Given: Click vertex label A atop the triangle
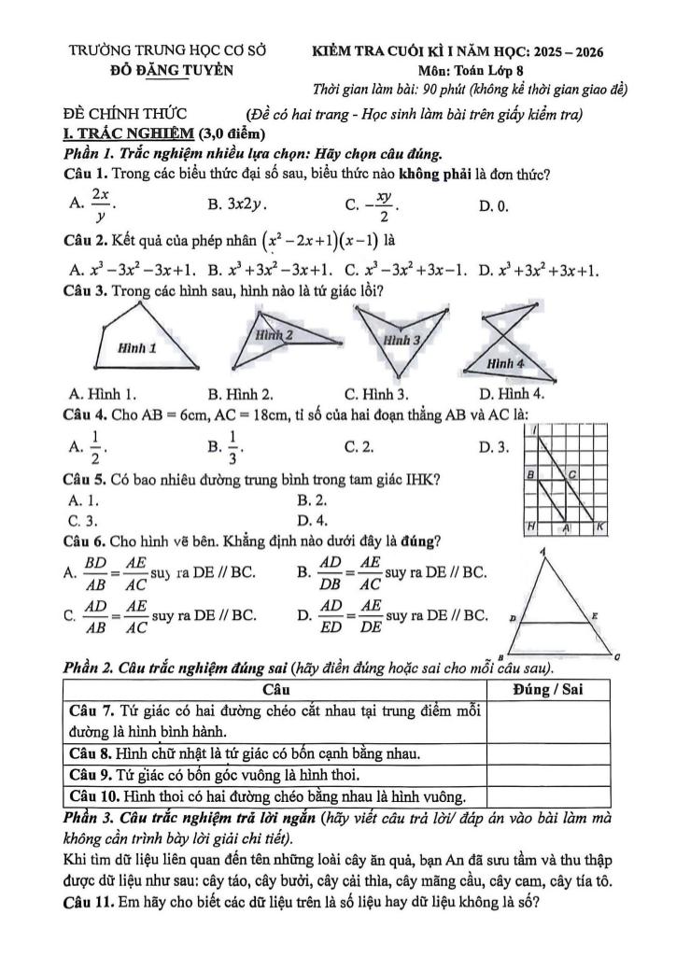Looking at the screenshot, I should pos(542,554).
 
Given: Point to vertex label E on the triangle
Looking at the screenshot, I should pos(596,617).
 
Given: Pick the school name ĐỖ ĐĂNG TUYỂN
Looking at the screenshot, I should pos(168,71).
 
